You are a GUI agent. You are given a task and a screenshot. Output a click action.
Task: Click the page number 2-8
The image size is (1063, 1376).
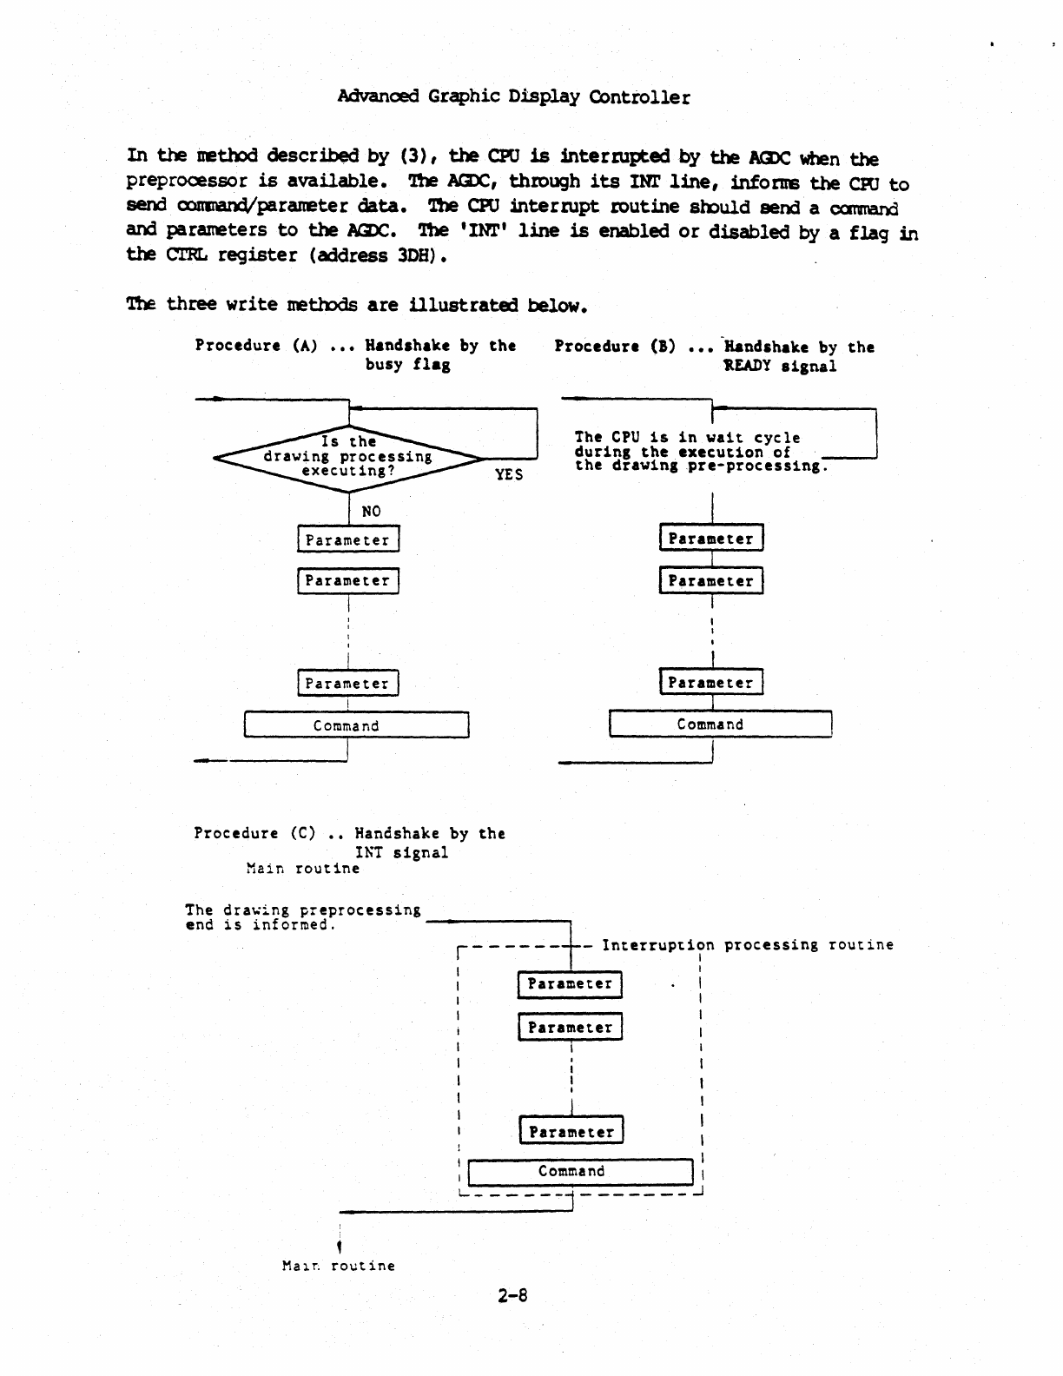tap(512, 1296)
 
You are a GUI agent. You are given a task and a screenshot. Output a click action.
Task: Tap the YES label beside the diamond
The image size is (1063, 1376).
tap(509, 474)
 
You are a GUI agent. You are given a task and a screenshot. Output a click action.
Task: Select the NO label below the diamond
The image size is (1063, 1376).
tap(371, 512)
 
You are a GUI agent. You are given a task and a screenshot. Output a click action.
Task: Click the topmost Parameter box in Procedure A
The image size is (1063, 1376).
tap(348, 539)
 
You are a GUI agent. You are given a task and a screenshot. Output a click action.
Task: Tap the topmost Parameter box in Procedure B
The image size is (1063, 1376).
tap(711, 539)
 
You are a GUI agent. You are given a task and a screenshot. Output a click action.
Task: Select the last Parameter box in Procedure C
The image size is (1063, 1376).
tap(571, 1132)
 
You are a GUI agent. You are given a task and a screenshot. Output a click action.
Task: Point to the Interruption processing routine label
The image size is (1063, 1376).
tap(747, 945)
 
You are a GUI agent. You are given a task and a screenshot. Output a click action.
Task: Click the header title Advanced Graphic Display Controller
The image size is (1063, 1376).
tap(513, 96)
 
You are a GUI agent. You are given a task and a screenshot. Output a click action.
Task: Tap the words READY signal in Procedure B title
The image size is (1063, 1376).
tap(781, 367)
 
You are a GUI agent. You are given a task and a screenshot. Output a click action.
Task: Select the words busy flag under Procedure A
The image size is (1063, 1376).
tap(407, 365)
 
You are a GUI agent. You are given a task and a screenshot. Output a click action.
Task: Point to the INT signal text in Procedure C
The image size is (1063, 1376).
tap(402, 853)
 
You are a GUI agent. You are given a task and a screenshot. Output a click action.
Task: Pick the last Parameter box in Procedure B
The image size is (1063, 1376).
tap(711, 683)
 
